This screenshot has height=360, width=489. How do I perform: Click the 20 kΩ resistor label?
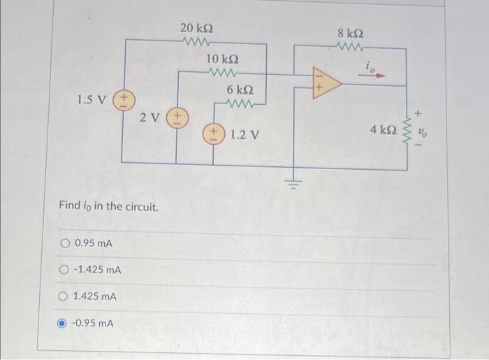pyautogui.click(x=196, y=28)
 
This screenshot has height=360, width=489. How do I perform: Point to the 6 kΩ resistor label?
pyautogui.click(x=240, y=91)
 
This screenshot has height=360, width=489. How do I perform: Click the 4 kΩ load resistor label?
pyautogui.click(x=384, y=131)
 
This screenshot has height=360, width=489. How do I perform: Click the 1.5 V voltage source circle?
pyautogui.click(x=124, y=99)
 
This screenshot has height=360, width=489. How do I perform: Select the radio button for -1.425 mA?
pyautogui.click(x=65, y=270)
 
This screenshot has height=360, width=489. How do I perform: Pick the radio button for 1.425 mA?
pyautogui.click(x=65, y=297)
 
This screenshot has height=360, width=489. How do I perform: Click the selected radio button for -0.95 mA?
pyautogui.click(x=65, y=323)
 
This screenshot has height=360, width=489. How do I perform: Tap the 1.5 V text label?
pyautogui.click(x=92, y=99)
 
